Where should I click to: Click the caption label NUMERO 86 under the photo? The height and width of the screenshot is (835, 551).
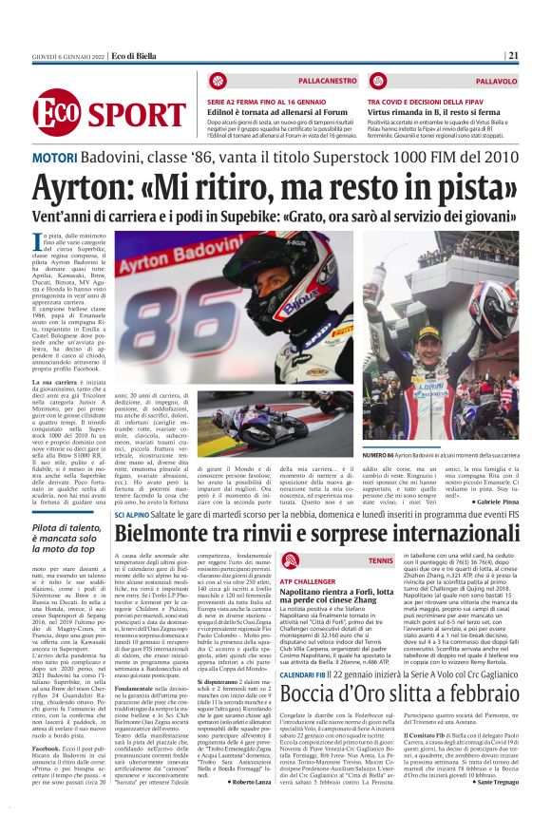coord(383,457)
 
